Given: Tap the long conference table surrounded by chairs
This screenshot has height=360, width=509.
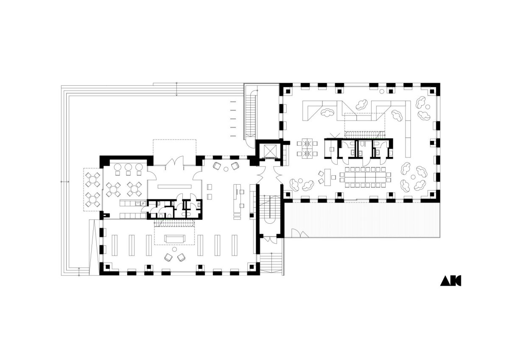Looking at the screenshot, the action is [365, 177].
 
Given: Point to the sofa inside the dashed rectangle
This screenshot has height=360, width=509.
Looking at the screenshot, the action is [174, 239].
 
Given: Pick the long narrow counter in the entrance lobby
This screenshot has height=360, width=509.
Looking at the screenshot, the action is [174, 186].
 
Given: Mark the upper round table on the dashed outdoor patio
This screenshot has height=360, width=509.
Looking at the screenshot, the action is [93, 180].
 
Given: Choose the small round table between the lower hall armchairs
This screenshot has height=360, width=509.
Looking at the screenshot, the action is [174, 250].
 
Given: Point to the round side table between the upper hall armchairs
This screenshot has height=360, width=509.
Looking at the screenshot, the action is [226, 169].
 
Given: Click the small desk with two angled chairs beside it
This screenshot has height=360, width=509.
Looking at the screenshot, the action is [327, 177].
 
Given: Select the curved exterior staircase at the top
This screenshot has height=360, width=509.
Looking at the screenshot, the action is [251, 116].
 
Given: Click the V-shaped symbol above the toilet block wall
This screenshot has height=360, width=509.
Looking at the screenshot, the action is [335, 135].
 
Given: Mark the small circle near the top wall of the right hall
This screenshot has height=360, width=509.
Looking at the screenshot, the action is [382, 91].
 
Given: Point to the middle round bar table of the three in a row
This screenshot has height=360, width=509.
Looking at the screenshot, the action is [129, 167].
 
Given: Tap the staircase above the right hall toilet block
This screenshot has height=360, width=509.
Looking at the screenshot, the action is [365, 134].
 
